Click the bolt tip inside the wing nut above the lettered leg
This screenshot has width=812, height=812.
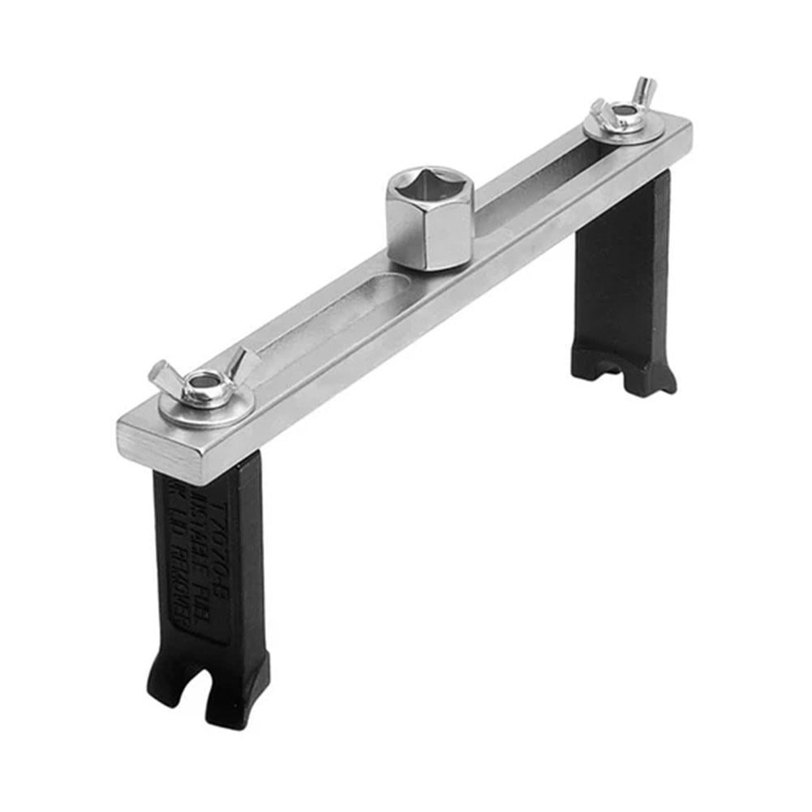coord(204,379)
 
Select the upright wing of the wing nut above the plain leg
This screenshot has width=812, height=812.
coord(645,88)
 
